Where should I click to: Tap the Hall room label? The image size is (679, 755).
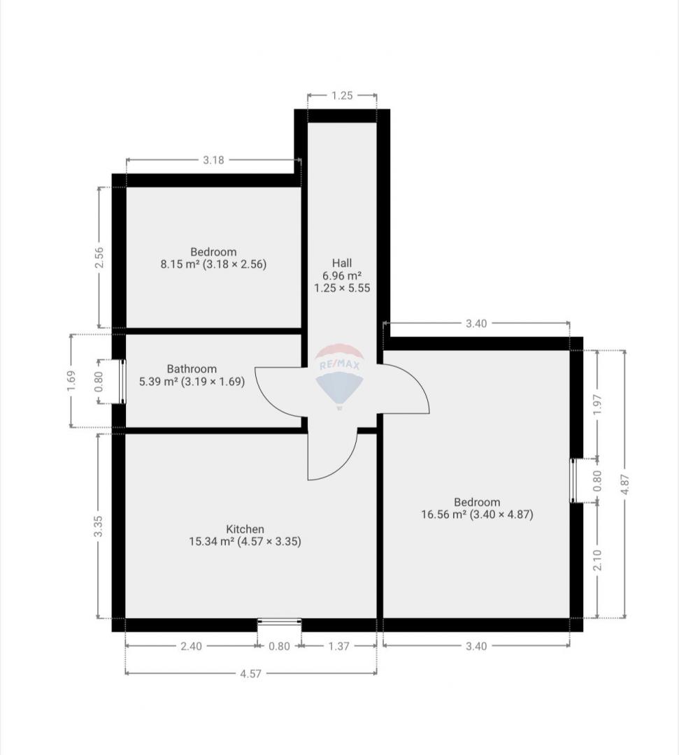coord(342,263)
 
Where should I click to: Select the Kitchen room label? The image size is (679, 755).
coord(245,528)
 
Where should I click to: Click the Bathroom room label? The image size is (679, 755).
coord(192,369)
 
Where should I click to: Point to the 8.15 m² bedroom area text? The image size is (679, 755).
coord(213,264)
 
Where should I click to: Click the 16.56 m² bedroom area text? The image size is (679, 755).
coord(477,515)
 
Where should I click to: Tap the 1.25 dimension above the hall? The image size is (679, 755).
coord(342,95)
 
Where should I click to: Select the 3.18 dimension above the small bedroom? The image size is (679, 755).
coord(213,160)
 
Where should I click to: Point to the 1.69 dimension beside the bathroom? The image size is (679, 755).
coord(71,381)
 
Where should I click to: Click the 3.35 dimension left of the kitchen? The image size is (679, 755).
coord(98,526)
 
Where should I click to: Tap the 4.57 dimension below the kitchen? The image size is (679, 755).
coord(251,674)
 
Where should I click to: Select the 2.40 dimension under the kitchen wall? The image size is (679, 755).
coord(191,646)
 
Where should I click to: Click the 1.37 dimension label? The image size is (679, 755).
coord(339,646)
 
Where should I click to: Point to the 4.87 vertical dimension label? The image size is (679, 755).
coord(625,484)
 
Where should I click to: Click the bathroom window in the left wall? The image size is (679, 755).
coord(122,382)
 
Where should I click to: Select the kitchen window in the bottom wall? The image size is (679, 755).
coord(279,622)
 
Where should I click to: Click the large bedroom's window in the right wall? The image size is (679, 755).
coord(573,480)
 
